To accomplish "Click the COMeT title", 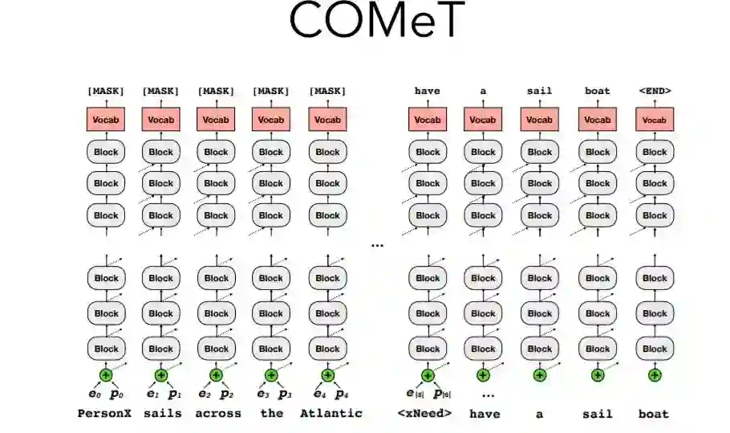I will [377, 22].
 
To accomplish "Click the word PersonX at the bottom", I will [104, 414].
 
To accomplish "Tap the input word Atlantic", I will [331, 414].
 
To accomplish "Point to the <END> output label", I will [655, 91].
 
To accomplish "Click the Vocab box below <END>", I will [655, 120].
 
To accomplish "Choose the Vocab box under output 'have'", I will [428, 120].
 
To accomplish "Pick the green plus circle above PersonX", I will [106, 374].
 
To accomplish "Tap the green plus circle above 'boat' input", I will [655, 374].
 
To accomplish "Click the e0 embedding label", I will [92, 394].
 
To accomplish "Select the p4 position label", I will [342, 394].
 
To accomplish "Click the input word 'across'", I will [217, 414].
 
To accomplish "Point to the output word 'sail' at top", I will [540, 91].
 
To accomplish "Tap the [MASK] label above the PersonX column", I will [106, 91].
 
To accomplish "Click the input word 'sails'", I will [163, 414].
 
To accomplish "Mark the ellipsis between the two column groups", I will [377, 244].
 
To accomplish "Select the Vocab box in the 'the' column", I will [271, 120].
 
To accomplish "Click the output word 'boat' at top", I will [598, 91].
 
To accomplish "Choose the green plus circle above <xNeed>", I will [428, 374].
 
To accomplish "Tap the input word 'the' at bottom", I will [272, 414].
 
